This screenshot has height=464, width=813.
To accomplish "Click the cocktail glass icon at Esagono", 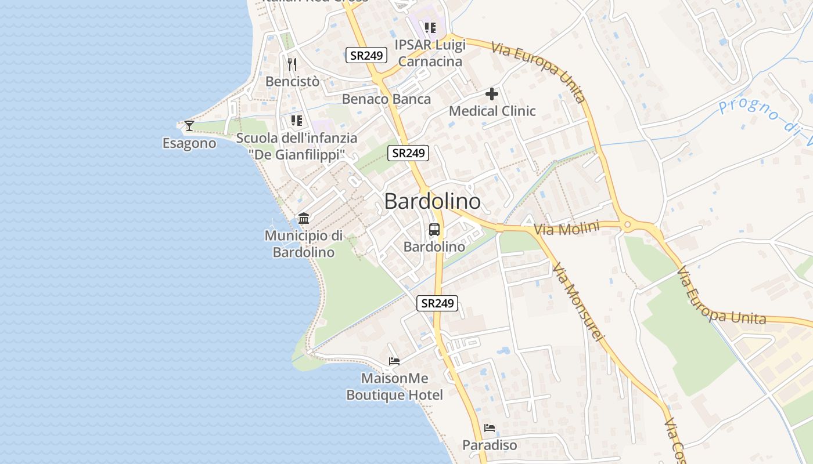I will coord(189,125).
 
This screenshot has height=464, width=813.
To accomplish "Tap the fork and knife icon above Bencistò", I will coord(292,64).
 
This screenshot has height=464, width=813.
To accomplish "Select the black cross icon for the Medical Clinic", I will coord(492,93).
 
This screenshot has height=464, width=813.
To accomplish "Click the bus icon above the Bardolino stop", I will coord(434,230).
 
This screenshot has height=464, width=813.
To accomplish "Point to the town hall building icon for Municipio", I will coord(304,219).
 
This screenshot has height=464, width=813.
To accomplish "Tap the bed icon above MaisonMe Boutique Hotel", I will coord(394,361).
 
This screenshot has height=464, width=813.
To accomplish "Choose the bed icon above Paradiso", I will coord(490,428).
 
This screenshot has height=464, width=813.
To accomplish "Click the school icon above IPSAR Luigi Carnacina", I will coord(430,27).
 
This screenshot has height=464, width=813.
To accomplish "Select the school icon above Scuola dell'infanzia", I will coord(297,121).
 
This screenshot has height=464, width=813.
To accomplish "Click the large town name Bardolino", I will coord(433,201).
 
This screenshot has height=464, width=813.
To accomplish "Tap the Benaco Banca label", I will coord(386,99).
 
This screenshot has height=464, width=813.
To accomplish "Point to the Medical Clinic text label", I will coord(492,111).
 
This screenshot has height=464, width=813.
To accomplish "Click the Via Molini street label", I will coord(566,228).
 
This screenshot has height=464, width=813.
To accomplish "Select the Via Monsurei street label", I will coord(578,302).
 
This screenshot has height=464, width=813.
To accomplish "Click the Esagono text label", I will coord(189,143).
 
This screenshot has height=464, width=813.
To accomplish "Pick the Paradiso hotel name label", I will coord(490,445).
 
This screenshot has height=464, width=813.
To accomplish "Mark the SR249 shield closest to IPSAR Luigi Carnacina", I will coord(366,56).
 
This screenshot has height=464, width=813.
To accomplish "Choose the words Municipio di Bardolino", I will coord(304,244).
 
